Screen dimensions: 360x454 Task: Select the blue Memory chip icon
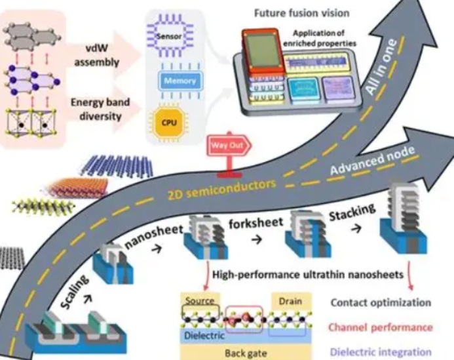tap(180, 79)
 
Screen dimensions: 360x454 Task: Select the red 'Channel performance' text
tap(381, 327)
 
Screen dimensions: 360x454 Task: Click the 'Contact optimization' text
tap(381, 303)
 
